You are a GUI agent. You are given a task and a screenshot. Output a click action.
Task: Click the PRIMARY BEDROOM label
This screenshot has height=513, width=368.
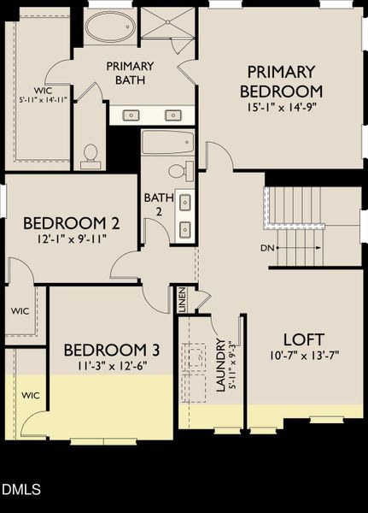[281, 81]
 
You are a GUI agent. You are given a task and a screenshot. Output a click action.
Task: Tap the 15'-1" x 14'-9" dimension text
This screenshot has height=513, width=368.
[281, 108]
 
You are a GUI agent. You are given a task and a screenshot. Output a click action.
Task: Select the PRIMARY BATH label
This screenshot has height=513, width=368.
[130, 73]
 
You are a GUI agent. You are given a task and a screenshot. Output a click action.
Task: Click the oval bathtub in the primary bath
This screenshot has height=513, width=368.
[109, 27]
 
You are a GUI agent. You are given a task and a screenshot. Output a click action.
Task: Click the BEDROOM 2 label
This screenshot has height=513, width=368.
[71, 223]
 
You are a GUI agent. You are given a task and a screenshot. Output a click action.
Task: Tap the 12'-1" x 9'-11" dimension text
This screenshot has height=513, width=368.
[71, 240]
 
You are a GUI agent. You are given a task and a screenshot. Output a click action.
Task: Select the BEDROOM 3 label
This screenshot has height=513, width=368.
[112, 350]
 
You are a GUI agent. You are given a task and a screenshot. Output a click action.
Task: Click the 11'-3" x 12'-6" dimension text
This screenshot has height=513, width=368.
[112, 367]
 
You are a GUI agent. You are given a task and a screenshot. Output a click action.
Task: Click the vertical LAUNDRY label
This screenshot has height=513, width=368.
[220, 365]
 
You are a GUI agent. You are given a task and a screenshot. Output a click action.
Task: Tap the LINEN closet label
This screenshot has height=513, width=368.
[182, 299]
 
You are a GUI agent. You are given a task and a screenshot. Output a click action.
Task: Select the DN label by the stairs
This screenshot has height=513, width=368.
[268, 249]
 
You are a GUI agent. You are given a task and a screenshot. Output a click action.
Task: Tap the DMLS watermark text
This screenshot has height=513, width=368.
[20, 490]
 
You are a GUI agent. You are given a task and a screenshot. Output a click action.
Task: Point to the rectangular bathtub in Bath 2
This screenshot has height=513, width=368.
[167, 142]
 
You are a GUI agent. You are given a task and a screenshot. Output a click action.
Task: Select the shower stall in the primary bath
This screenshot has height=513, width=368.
[167, 25]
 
